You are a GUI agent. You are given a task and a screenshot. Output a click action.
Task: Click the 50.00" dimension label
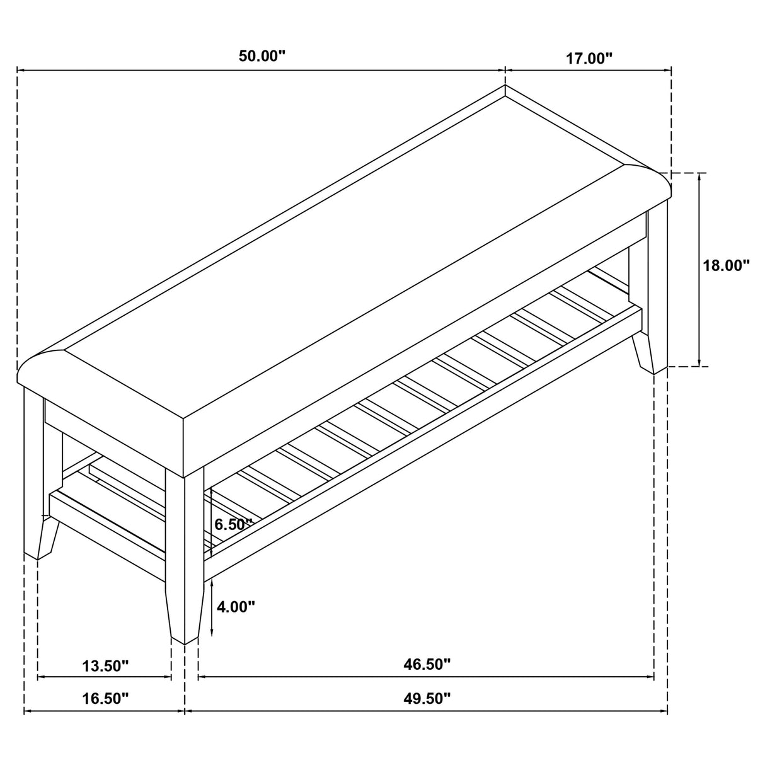262,56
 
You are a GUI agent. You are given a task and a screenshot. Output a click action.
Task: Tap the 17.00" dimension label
589,59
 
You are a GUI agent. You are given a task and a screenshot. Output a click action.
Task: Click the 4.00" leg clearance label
235,607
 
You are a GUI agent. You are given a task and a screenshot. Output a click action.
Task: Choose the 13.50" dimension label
105,665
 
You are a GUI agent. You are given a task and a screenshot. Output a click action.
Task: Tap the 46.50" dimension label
427,664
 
